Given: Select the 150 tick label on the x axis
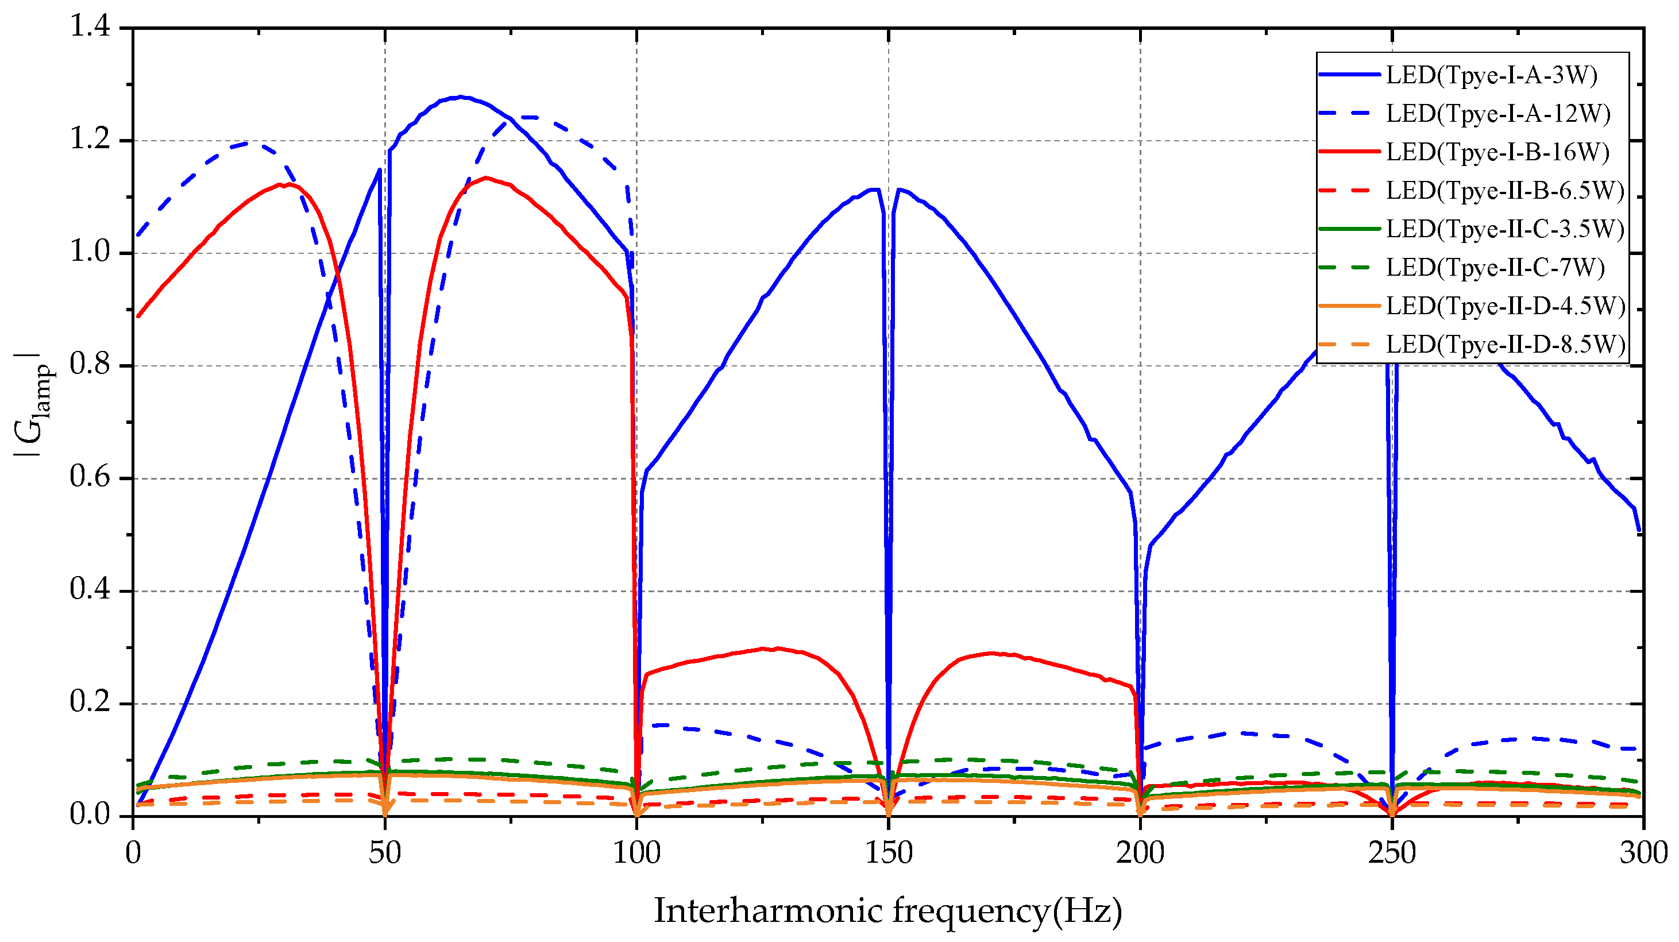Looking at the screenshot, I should pos(889,854).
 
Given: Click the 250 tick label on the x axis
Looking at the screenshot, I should pos(1392,854).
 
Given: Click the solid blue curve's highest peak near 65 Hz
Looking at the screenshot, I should pos(461,97).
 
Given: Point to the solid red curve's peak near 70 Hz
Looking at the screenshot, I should pos(485,177).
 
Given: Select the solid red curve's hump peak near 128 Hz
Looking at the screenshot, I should pos(777,648).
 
